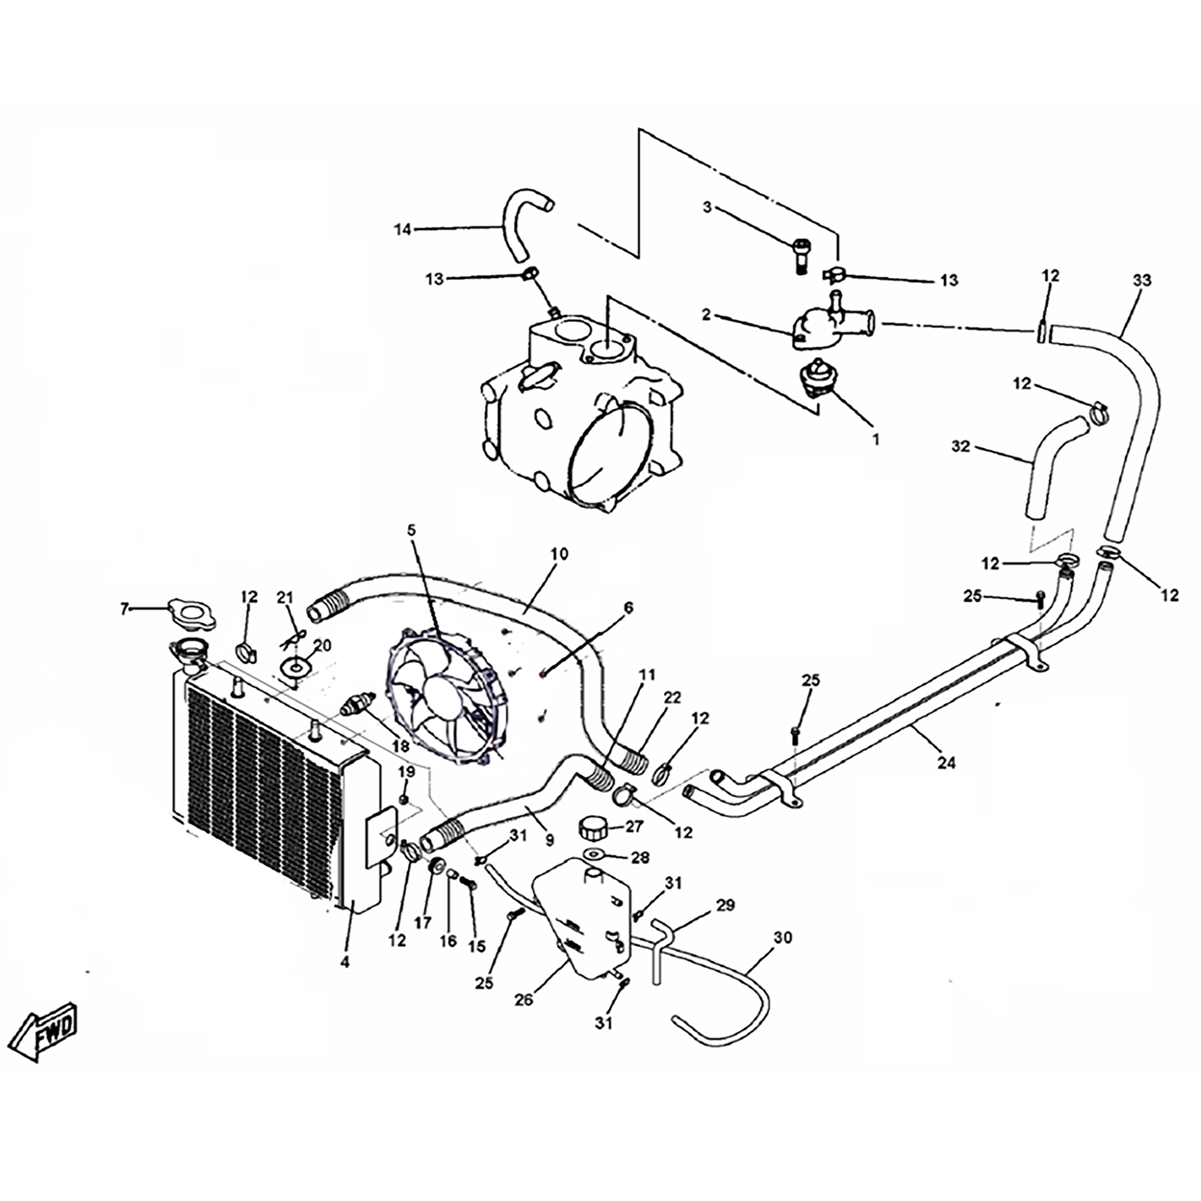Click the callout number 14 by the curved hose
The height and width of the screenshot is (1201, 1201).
tap(402, 229)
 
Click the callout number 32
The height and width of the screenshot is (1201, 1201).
tap(960, 446)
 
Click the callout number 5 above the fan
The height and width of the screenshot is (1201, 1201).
tap(412, 530)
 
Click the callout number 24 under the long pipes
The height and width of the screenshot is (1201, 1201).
tap(946, 763)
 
